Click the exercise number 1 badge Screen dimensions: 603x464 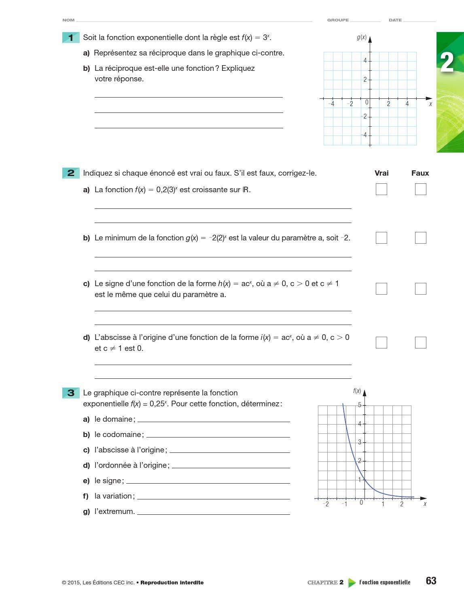tap(71, 38)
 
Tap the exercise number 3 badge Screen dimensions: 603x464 tap(71, 393)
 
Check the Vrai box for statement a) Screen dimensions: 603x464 tap(381, 189)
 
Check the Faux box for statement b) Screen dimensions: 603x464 tap(420, 238)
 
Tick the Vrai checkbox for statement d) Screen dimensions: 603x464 tap(381, 342)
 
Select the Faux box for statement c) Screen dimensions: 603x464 tap(420, 289)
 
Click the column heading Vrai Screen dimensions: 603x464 tap(381, 173)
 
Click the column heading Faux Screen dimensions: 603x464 tap(420, 173)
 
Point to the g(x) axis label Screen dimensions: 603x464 tap(361, 37)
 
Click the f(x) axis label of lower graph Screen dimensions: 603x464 tap(357, 391)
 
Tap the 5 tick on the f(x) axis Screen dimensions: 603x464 tap(359, 405)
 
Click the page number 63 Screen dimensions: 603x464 tap(431, 581)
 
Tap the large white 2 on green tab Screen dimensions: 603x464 tap(447, 63)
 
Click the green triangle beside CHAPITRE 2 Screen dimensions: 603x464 tap(352, 583)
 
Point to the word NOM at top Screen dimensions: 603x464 tap(68, 20)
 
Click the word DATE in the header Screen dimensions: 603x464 tap(395, 20)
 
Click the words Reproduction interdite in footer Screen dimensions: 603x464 tap(172, 583)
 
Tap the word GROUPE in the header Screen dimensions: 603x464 tap(338, 20)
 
